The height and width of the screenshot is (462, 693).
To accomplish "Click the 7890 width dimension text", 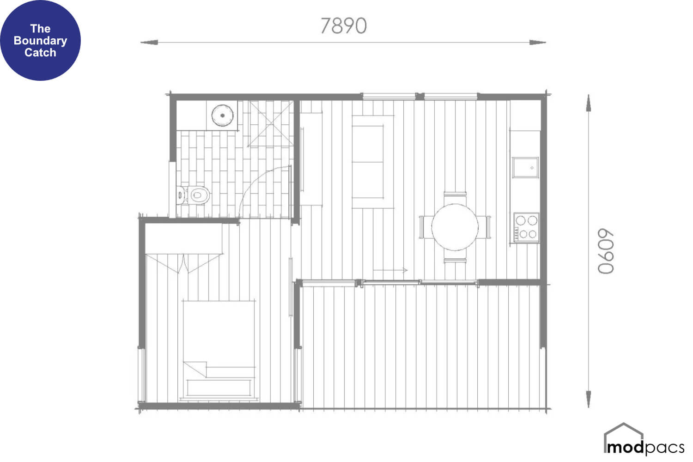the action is [x=343, y=26].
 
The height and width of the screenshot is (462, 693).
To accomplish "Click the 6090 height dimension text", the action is [x=605, y=251].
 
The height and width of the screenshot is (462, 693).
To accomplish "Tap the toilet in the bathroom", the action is [x=194, y=195].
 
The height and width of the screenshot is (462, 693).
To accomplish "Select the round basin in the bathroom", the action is [x=222, y=115].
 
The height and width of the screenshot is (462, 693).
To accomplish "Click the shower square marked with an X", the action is [x=271, y=123].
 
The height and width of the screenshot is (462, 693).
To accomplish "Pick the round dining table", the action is [x=455, y=227].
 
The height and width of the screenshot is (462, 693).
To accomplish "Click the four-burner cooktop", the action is [x=526, y=227].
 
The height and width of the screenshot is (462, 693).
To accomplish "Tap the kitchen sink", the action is [x=525, y=167].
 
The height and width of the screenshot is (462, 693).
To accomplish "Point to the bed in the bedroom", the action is [x=219, y=350].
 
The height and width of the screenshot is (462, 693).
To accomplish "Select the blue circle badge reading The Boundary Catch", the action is [x=40, y=40].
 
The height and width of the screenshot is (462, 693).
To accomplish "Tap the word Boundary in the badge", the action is [x=40, y=41].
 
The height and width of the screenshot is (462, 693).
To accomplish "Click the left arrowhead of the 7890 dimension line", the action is [x=149, y=43].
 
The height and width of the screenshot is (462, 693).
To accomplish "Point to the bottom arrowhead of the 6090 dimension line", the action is [x=589, y=399].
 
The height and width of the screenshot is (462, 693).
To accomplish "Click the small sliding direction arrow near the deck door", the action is [x=390, y=270].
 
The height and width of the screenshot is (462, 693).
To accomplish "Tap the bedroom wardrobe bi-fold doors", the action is [x=184, y=263].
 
